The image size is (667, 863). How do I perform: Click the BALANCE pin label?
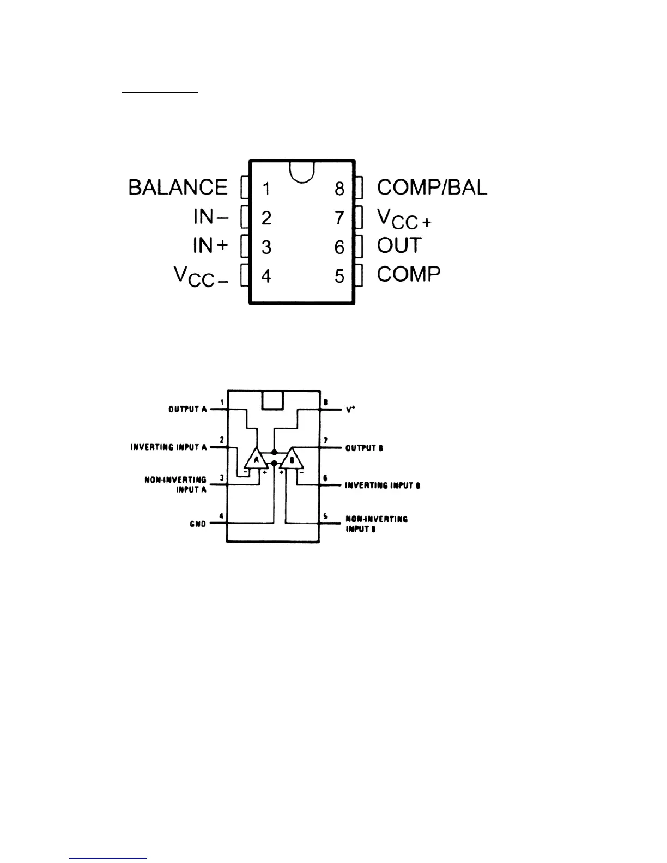coord(178,187)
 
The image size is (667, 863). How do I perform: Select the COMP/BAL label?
coord(432,187)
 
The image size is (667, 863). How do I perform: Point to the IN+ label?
coord(210,246)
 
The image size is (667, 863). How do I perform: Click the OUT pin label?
coord(399,245)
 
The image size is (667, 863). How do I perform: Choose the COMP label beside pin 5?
coord(409,274)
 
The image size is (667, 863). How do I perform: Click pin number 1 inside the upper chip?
coord(266,189)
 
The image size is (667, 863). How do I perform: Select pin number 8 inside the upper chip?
coord(339,189)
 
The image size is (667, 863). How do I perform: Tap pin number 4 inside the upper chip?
coord(266,276)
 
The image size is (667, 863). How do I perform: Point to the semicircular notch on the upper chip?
coord(302,172)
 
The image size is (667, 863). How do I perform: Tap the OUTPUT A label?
coord(187,409)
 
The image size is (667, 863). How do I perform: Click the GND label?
coord(198,524)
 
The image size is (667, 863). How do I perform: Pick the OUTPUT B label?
coord(364,448)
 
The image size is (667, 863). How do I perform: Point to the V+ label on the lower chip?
coord(350,409)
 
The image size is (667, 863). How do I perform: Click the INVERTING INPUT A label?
coord(168,447)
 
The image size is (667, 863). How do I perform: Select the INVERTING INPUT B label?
coord(383,485)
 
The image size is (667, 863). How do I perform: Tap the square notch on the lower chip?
coord(273,400)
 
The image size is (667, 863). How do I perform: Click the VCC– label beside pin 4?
coord(201,277)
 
